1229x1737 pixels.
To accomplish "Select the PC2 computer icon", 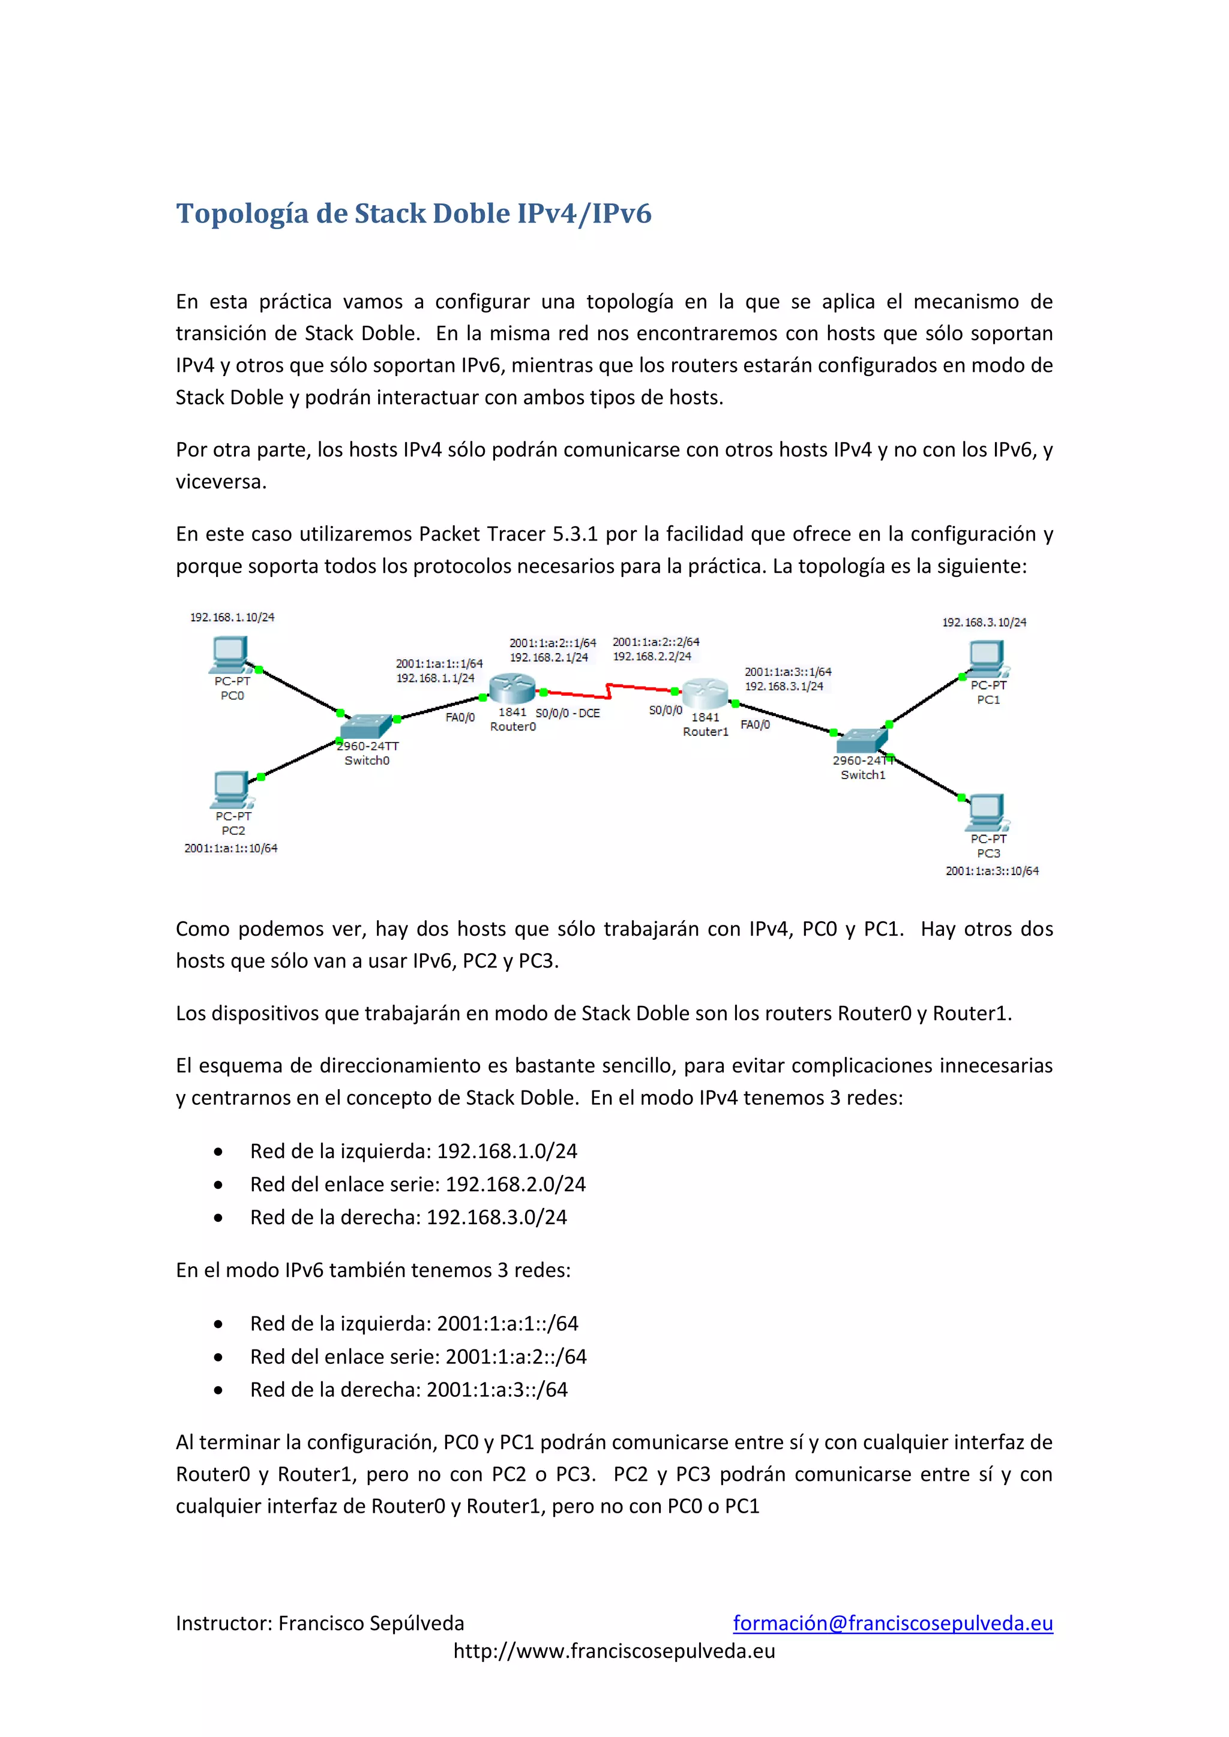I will [231, 790].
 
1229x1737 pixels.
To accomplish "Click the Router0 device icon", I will [512, 689].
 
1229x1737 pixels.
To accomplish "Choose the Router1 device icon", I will [705, 692].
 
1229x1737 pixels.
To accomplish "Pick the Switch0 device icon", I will [365, 726].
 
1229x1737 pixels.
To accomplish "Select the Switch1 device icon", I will [861, 741].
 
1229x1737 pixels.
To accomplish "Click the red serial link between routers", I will [605, 690].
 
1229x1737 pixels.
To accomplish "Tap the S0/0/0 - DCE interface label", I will [568, 713].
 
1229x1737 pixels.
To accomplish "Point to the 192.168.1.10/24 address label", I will [232, 617].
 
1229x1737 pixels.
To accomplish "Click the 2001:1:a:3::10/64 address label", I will [992, 871].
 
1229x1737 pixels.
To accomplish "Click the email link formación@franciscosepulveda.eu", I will [893, 1623].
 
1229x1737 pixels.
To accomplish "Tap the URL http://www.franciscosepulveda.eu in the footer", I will [614, 1651].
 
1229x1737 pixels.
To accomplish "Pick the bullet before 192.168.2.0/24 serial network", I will [218, 1185].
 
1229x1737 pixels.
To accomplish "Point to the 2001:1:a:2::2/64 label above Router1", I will [656, 642].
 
